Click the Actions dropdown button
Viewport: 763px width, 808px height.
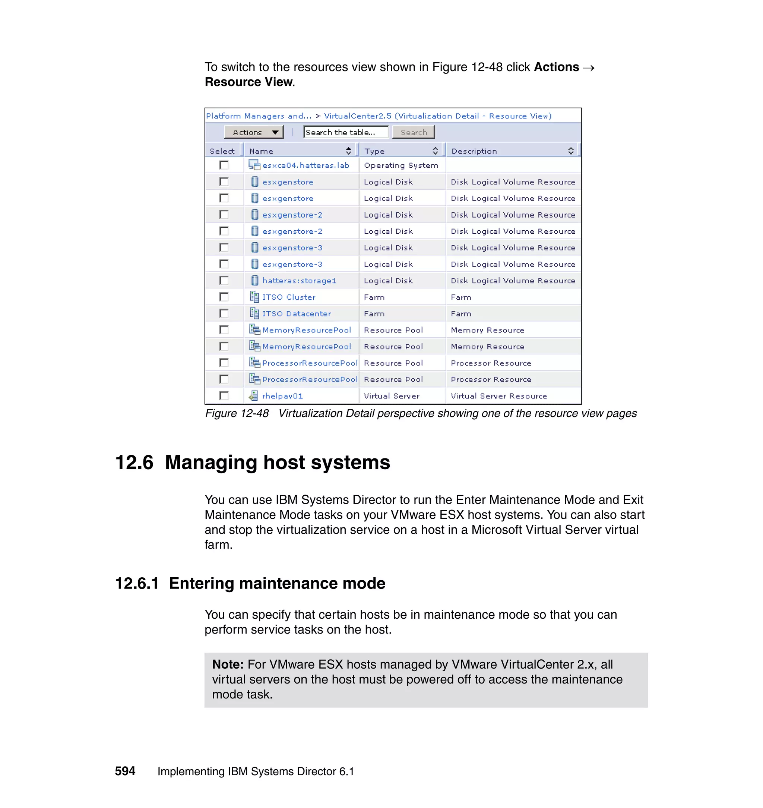click(x=253, y=132)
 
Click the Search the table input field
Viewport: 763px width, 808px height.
click(x=346, y=132)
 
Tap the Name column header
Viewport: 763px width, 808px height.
click(x=261, y=151)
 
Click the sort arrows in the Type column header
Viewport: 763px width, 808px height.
click(x=435, y=151)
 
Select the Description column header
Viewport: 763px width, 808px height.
click(x=474, y=151)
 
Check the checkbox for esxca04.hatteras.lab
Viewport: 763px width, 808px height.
click(x=224, y=165)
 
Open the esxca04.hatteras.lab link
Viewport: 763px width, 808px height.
click(x=305, y=165)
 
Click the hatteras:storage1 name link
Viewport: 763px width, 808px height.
click(x=299, y=281)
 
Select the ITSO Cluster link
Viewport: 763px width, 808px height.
click(x=288, y=297)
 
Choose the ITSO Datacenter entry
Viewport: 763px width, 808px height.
click(x=297, y=314)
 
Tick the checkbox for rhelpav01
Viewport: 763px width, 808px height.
click(x=224, y=395)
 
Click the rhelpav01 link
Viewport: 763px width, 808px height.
click(x=282, y=396)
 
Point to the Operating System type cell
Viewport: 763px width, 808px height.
click(x=401, y=165)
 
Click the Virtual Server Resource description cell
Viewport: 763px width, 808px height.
click(x=498, y=396)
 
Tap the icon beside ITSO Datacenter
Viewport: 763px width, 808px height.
click(x=254, y=313)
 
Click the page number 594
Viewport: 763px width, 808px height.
click(x=125, y=771)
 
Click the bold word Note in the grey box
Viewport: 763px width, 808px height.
click(x=227, y=665)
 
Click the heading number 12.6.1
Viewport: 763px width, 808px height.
click(x=137, y=583)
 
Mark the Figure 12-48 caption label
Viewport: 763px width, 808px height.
click(x=237, y=413)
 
